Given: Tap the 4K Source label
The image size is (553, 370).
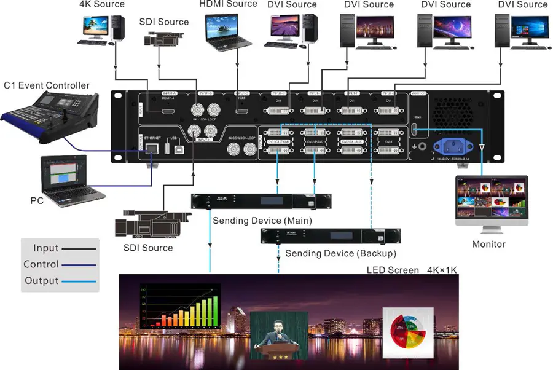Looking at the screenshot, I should tap(102, 4).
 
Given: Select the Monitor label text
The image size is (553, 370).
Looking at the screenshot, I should tap(488, 245).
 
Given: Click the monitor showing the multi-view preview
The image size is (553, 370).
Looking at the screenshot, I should tap(492, 200).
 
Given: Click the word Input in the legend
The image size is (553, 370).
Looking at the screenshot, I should tap(46, 248).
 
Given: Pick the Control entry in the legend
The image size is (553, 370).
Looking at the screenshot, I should tap(41, 264).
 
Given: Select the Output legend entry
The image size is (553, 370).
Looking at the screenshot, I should tap(42, 281).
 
